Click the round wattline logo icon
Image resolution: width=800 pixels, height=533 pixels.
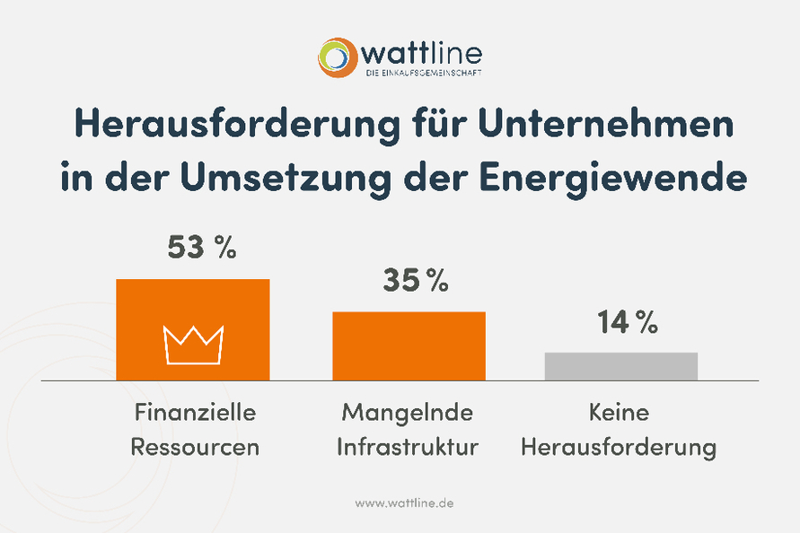click(338, 57)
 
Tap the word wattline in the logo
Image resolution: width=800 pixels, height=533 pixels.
click(422, 51)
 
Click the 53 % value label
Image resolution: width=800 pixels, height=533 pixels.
click(201, 248)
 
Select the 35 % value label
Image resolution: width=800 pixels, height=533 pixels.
click(415, 281)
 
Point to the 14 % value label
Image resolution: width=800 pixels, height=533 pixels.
click(627, 322)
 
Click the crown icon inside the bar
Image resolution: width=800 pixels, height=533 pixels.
click(193, 345)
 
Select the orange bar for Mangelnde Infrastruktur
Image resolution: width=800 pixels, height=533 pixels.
click(409, 345)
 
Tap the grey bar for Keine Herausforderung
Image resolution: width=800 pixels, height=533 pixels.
click(620, 366)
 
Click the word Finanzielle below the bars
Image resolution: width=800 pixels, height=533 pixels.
click(195, 413)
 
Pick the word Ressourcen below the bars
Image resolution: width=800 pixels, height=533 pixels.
click(195, 447)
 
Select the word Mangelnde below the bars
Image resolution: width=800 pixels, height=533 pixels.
click(407, 413)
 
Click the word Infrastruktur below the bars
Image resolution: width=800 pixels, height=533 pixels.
click(408, 447)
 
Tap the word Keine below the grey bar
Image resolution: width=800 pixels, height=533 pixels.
click(619, 413)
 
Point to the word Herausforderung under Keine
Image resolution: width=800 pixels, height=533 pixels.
click(619, 447)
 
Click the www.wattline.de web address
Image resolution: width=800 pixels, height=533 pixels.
click(404, 503)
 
